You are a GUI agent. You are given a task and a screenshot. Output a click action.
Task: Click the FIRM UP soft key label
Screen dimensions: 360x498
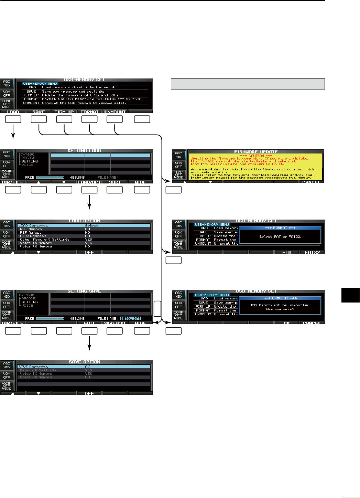tap(64, 112)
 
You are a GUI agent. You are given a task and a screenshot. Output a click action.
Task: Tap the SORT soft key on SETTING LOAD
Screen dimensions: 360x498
tap(115, 182)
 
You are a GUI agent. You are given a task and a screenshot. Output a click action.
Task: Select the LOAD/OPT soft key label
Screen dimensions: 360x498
tap(89, 182)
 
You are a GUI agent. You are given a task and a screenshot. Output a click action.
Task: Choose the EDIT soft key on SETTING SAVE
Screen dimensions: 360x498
tap(89, 323)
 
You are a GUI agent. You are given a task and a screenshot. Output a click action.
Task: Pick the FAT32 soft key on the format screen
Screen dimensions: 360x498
tap(312, 252)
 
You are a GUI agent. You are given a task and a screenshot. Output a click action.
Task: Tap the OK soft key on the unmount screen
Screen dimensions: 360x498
tap(287, 323)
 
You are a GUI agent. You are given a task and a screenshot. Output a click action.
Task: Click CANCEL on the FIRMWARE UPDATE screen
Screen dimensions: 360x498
tap(312, 182)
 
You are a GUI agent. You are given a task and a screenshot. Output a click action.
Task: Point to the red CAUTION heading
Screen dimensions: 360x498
tap(256, 156)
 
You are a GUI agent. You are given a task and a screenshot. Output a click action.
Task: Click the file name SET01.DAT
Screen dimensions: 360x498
tap(131, 318)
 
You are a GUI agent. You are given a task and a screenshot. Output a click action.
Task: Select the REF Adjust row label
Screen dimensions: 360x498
tap(31, 233)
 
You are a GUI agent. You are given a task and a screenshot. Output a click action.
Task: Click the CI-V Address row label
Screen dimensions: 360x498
tap(33, 236)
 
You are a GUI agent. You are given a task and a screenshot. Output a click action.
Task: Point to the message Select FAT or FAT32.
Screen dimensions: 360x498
tap(280, 236)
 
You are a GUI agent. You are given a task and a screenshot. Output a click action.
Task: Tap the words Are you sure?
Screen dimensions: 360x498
tap(280, 309)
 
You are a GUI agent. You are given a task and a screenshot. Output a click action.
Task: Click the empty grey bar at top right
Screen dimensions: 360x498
tap(248, 84)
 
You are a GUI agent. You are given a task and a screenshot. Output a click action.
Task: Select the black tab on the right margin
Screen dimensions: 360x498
tap(350, 295)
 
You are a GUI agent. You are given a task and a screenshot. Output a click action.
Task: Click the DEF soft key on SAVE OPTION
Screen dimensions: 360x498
tap(89, 393)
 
